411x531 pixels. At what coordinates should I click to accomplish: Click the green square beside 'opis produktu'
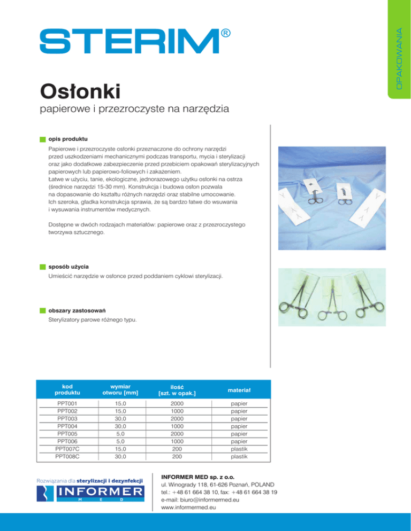point(42,139)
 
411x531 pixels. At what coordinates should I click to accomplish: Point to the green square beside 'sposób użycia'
point(42,266)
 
